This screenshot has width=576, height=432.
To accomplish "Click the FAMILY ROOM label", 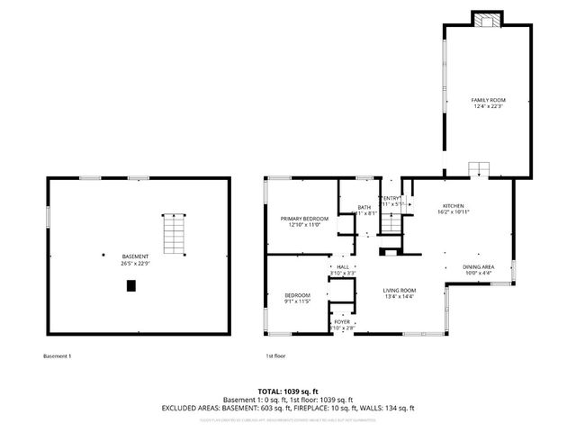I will [x=485, y=99].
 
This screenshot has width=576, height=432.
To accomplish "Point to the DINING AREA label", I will [x=477, y=267].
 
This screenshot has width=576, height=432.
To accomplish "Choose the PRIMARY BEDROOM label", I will [x=303, y=219].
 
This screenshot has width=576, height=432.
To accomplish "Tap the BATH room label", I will [x=364, y=208].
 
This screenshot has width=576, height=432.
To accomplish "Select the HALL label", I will [x=342, y=266].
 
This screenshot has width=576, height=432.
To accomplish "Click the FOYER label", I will [x=342, y=321].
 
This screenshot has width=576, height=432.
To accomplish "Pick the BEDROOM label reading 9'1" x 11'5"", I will [x=297, y=295].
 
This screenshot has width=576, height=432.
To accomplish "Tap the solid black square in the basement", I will [x=131, y=286].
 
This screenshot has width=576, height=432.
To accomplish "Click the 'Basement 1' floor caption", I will [x=57, y=356].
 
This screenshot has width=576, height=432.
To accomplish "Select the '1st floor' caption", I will [x=274, y=356].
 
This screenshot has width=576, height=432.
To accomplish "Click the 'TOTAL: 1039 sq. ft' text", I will [x=287, y=392].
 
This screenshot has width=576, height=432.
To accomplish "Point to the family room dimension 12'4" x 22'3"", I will [x=485, y=106].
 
